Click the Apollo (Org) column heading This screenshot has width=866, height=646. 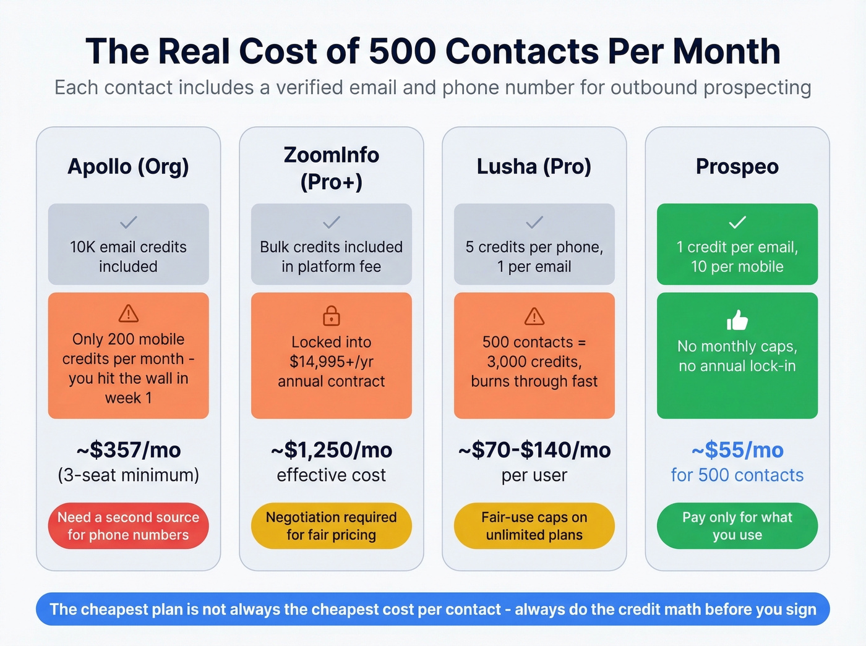(128, 167)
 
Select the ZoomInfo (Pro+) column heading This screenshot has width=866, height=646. (331, 168)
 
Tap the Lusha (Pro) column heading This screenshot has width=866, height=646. (534, 167)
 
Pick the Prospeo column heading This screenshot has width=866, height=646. (737, 167)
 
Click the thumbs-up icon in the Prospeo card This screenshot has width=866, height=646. (737, 320)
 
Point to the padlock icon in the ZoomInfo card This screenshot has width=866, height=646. (331, 315)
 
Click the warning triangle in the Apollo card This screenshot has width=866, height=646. (128, 313)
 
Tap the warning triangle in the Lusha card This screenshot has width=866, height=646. (534, 317)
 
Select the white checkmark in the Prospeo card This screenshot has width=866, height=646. (737, 222)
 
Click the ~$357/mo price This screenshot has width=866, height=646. (128, 450)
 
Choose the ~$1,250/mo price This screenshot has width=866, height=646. (331, 450)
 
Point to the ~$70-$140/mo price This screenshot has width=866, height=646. (534, 450)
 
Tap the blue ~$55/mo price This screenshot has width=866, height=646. (737, 450)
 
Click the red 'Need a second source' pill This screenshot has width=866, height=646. (128, 526)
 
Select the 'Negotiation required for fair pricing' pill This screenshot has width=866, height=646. (331, 526)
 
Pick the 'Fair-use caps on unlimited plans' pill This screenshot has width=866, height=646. (534, 526)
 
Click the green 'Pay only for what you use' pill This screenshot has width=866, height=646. (737, 526)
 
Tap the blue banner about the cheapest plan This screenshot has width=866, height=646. (432, 610)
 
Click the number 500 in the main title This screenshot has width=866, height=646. (402, 51)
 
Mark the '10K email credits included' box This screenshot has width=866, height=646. (128, 244)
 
